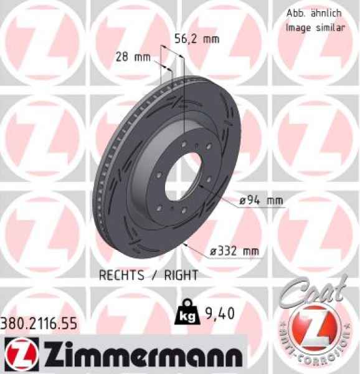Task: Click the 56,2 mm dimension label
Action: point(203,39)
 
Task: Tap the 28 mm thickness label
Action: point(133,57)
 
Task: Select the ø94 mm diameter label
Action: point(262,201)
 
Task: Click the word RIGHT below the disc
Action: point(181,275)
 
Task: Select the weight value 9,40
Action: point(220,314)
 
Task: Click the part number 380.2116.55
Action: point(39,324)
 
